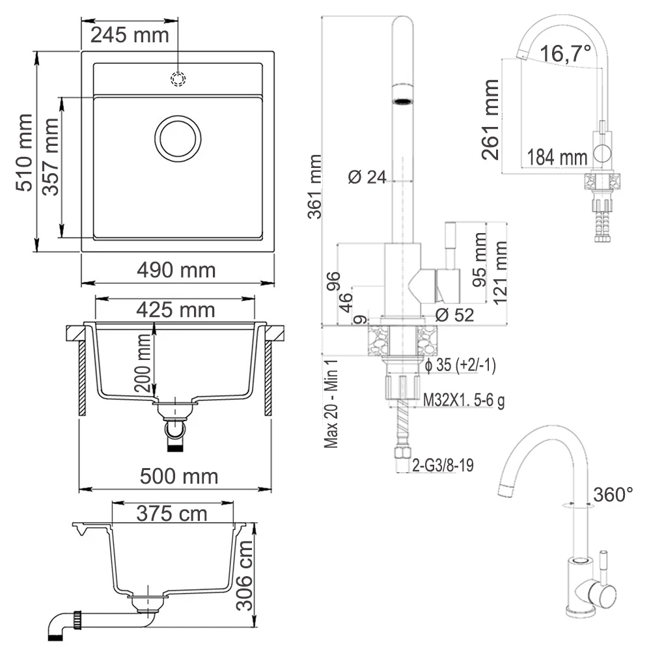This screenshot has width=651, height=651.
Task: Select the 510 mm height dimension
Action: pos(25,152)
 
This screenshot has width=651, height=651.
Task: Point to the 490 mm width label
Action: pos(176,270)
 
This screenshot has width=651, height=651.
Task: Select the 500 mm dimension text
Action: pos(179,477)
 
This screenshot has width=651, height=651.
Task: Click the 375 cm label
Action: pos(172,514)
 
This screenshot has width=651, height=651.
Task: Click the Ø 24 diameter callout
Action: pos(367,176)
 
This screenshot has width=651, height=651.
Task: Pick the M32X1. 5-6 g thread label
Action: pos(464,400)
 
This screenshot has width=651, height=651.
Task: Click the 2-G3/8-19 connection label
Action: pos(443,465)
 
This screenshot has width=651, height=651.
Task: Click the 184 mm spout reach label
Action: pos(557,156)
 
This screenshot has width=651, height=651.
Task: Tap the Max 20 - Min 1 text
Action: pos(332,403)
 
